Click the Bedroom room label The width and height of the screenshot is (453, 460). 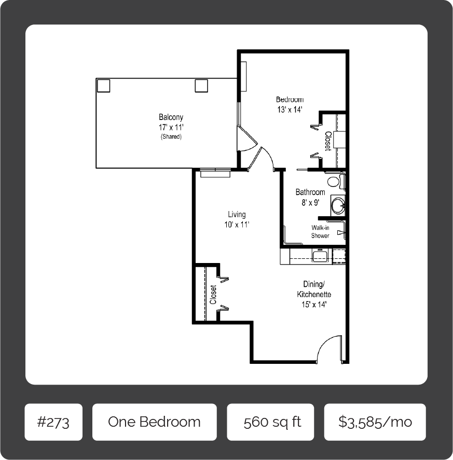point(290,99)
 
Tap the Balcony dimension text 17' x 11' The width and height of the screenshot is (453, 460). point(171,127)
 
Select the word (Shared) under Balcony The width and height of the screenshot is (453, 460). point(171,136)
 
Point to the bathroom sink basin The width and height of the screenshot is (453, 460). point(338,205)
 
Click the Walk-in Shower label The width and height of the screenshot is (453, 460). point(320,231)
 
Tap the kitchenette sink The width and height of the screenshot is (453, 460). point(322,256)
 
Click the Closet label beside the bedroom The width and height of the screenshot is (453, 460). point(328,141)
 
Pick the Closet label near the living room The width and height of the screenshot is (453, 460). point(213,295)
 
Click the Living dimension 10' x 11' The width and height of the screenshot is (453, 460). point(237,225)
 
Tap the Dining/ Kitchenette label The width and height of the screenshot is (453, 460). point(314,289)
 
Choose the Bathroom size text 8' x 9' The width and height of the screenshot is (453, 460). point(310,202)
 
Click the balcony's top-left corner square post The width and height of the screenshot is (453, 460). point(103,86)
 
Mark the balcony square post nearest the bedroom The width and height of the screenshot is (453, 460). point(201,86)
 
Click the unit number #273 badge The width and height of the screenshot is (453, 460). point(53,422)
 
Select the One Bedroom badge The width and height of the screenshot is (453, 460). point(154,422)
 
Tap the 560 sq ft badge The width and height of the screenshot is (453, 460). point(270,422)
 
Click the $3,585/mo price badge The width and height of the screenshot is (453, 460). point(375,422)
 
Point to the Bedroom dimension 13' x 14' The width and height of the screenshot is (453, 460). point(290,110)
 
